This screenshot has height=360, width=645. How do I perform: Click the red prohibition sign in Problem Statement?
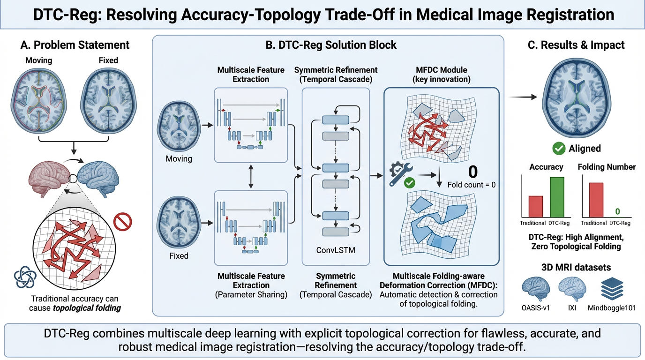(123, 221)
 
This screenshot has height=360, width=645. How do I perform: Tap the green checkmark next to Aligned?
(559, 149)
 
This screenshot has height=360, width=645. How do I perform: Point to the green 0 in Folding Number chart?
(617, 212)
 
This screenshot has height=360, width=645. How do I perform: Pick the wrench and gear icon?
(401, 174)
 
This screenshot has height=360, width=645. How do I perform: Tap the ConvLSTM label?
(336, 250)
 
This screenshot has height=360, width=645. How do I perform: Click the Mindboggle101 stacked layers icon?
(611, 288)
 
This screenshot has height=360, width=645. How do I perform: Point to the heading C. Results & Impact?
(577, 45)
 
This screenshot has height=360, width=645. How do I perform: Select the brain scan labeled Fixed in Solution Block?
(179, 223)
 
